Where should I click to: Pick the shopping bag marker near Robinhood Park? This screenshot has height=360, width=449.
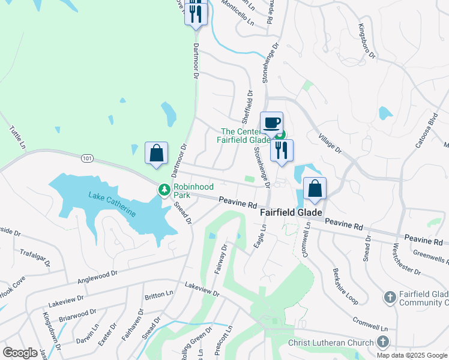point(156,153)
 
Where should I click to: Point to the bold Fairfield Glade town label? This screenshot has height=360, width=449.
point(291,212)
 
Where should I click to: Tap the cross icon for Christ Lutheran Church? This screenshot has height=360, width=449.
point(383,342)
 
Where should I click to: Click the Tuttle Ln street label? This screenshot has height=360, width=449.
point(18,137)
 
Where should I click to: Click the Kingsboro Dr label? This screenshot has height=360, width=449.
point(366,41)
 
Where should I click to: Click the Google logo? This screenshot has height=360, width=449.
point(20,352)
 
